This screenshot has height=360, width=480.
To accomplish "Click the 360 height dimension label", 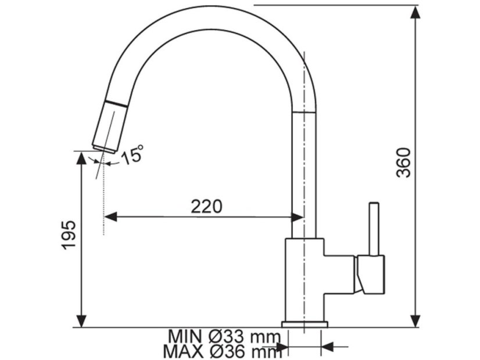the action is pyautogui.click(x=403, y=163).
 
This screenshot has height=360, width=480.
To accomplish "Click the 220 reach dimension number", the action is pyautogui.click(x=206, y=207).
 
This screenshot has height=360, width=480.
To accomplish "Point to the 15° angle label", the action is pyautogui.click(x=132, y=154).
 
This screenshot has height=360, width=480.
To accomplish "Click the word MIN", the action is pyautogui.click(x=185, y=337).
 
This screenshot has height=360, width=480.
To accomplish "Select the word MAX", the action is pyautogui.click(x=183, y=352).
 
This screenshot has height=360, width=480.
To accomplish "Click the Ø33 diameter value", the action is pyautogui.click(x=227, y=337).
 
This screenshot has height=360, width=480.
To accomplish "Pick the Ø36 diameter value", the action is pyautogui.click(x=227, y=352).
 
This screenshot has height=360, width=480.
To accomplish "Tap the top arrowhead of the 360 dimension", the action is pyautogui.click(x=415, y=13).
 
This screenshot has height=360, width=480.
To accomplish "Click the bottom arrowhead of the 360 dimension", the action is pyautogui.click(x=415, y=320).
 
